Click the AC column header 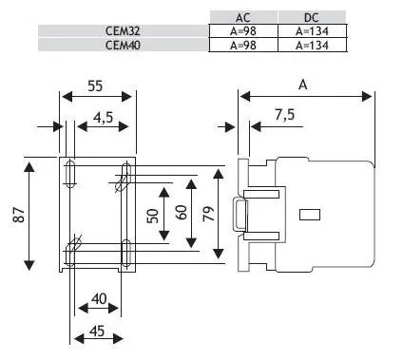point(243,17)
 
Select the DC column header point(312,17)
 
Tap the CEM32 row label point(123,31)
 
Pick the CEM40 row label point(123,46)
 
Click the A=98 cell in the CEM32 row point(243,31)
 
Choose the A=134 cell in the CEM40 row point(312,46)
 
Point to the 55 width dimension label point(95,85)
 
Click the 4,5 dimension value point(103,118)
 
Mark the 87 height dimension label point(19,215)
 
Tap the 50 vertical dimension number point(153,216)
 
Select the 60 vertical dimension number point(182,213)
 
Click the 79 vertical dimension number point(209,213)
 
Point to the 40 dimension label point(99,298)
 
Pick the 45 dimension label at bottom point(97,332)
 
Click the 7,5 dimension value point(284,115)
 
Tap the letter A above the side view point(303,85)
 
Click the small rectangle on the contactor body point(310,215)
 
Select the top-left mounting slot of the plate point(70,174)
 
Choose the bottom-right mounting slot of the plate point(126,254)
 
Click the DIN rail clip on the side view point(240,215)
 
